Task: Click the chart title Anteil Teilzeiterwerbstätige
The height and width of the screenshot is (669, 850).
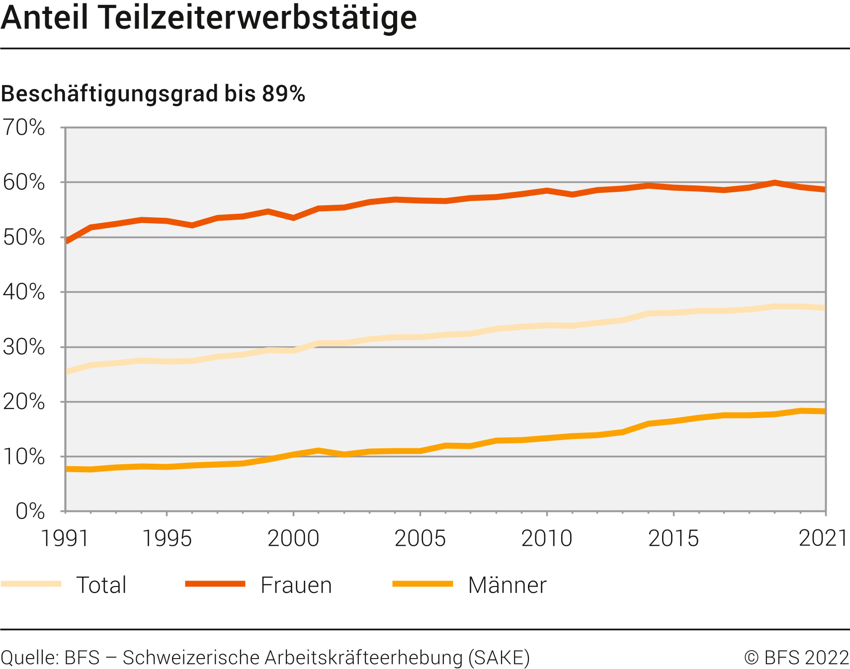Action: click(209, 18)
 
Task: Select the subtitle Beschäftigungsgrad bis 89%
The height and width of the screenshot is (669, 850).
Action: click(153, 93)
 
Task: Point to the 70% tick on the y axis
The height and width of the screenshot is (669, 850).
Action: click(24, 128)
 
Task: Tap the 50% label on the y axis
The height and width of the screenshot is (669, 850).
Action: click(24, 238)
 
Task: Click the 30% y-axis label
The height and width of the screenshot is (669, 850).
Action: click(24, 347)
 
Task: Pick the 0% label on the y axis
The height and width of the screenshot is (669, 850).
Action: click(30, 511)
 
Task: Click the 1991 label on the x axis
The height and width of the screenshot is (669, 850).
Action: click(65, 538)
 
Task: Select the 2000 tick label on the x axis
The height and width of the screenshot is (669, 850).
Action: click(293, 538)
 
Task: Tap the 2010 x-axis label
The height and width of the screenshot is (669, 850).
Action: click(547, 538)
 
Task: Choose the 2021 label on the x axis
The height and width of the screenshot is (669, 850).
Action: click(823, 538)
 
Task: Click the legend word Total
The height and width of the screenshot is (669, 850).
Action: click(101, 585)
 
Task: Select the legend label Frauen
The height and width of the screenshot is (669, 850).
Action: click(296, 585)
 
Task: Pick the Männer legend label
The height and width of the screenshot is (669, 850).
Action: click(507, 585)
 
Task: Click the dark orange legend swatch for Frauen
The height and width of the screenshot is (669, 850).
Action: click(215, 584)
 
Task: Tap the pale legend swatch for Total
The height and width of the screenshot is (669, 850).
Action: click(31, 584)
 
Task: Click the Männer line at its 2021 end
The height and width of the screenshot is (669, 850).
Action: click(824, 411)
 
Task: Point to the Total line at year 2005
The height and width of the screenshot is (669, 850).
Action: click(420, 337)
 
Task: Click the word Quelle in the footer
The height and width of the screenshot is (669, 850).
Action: click(30, 658)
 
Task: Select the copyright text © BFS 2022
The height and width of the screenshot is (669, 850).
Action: click(796, 658)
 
